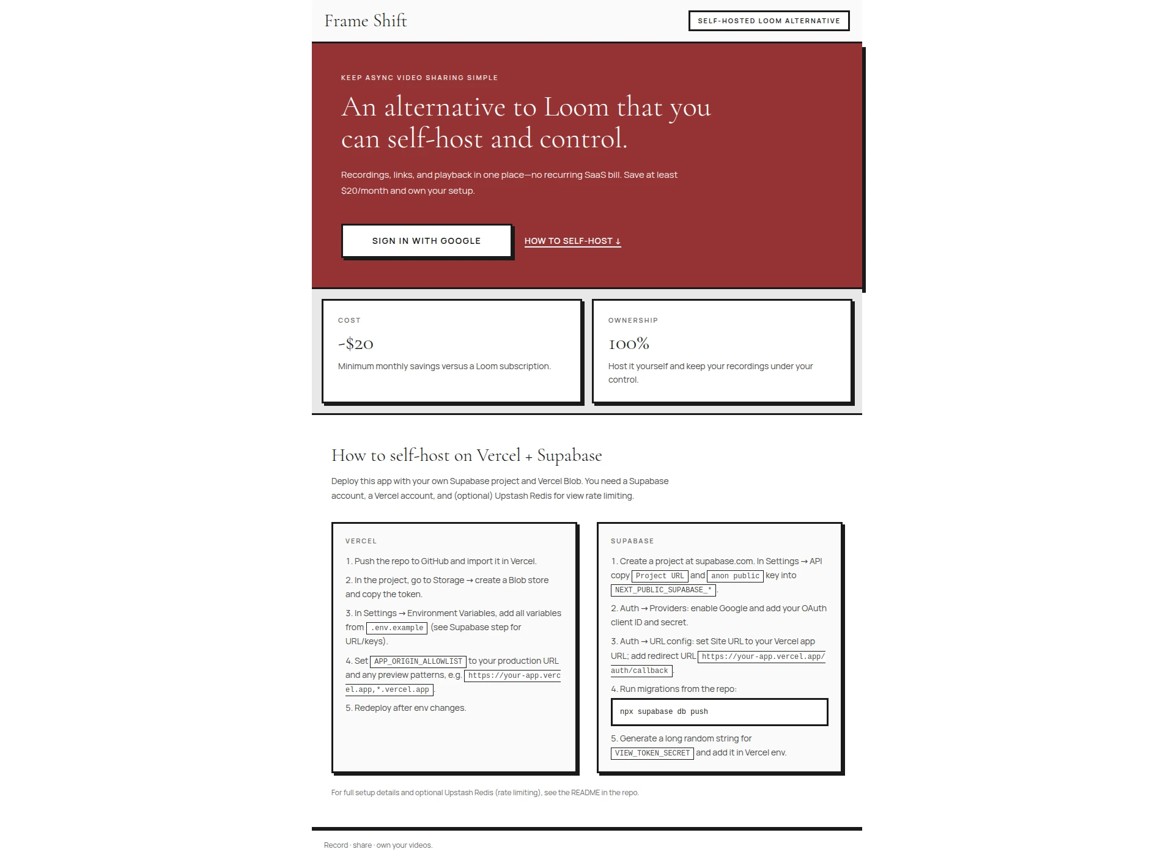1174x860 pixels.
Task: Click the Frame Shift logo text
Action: [x=365, y=21]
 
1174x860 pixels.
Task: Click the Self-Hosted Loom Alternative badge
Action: [x=769, y=21]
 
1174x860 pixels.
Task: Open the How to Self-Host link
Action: [x=572, y=241]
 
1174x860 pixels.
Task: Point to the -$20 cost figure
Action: [x=356, y=344]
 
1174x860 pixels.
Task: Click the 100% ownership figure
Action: [x=629, y=344]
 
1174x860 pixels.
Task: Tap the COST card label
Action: [x=349, y=320]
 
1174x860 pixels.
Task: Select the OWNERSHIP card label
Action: [x=633, y=320]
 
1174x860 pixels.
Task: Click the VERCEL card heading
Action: [x=361, y=541]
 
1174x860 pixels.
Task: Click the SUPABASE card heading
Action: [x=632, y=541]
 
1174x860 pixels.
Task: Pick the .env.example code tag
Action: [x=397, y=628]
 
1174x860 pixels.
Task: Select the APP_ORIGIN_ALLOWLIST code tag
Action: [x=418, y=661]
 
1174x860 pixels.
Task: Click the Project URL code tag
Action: [x=660, y=576]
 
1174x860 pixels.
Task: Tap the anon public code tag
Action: [x=735, y=576]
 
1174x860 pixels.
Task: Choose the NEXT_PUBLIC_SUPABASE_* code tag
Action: [x=663, y=590]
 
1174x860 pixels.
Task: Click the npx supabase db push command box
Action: [x=719, y=711]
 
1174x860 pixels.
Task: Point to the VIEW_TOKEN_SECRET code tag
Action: [x=652, y=753]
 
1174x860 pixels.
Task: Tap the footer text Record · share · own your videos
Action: [x=378, y=845]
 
